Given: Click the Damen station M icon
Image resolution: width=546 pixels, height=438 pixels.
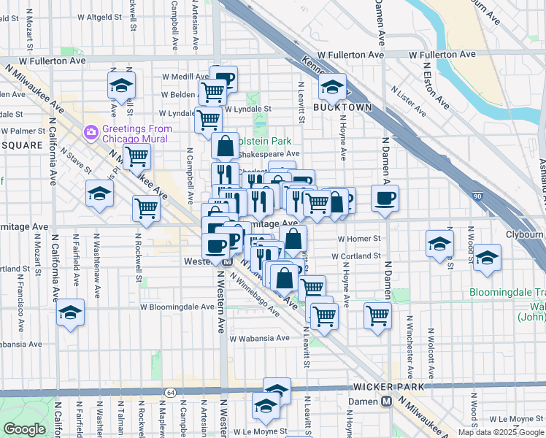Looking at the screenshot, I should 385,401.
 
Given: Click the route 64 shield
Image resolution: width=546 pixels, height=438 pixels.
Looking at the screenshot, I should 169,393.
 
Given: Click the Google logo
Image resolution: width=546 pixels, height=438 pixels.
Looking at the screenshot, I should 25,429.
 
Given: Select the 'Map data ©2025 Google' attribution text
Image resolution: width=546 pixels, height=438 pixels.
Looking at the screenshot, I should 500,432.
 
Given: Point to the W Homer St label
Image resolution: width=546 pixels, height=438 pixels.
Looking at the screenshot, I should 359,239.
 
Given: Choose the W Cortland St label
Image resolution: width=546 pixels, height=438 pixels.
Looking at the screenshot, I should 355,256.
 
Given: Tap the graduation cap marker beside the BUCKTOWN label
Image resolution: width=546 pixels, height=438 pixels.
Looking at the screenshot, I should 332,88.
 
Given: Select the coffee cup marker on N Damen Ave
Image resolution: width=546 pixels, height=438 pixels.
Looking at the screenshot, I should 385,196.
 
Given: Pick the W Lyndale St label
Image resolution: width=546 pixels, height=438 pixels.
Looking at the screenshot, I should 247,109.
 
